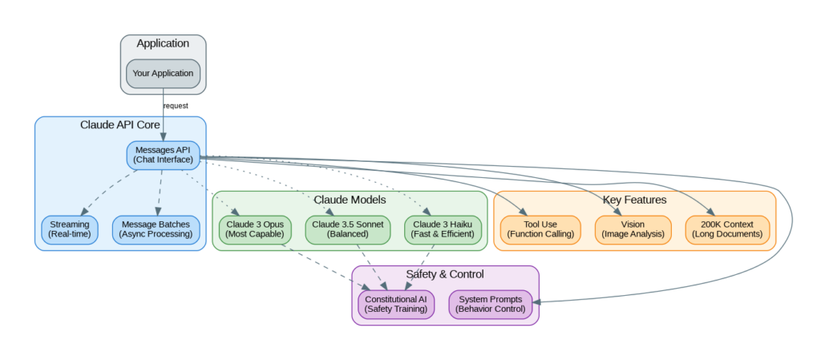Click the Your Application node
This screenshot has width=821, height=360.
point(163,73)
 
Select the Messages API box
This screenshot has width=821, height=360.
point(163,154)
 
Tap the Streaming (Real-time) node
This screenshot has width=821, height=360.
point(70,229)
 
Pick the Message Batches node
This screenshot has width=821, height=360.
point(156,229)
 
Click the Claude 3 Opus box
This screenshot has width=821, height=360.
point(255,229)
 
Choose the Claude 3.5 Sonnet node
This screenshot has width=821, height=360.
point(347,229)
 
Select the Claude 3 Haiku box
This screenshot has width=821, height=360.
point(443,229)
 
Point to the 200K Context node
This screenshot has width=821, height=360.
point(727,229)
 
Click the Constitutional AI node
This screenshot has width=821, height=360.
point(396,304)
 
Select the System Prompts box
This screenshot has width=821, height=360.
point(491,304)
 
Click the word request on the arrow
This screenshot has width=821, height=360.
point(176,106)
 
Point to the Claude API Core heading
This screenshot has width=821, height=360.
point(119,125)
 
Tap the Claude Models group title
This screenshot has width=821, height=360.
point(350,199)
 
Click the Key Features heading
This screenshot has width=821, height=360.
point(634,199)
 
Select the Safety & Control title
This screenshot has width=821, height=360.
point(445,274)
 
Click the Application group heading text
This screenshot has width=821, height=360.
point(163,43)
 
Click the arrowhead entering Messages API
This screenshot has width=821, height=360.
point(163,137)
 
